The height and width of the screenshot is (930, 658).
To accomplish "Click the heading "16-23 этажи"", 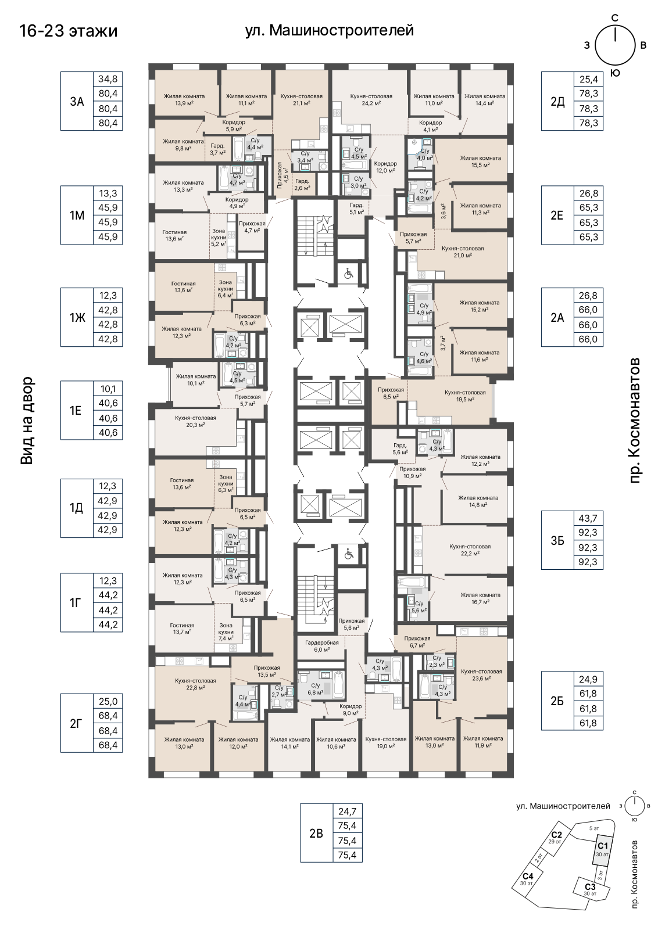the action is pyautogui.click(x=69, y=31).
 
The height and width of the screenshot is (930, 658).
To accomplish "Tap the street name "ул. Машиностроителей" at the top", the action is pyautogui.click(x=330, y=30).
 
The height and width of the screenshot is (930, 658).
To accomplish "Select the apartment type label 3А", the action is pyautogui.click(x=77, y=101).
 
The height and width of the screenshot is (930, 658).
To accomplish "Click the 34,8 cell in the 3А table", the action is pyautogui.click(x=108, y=79).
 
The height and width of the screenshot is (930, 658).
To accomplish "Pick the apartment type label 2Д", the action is pyautogui.click(x=557, y=101).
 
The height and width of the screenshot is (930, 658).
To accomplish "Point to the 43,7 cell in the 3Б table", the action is pyautogui.click(x=588, y=518).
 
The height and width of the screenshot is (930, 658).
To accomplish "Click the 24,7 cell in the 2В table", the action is pyautogui.click(x=347, y=811).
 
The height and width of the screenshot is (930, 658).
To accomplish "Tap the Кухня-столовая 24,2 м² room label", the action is pyautogui.click(x=371, y=100).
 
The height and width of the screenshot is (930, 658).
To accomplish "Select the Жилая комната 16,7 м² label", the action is pyautogui.click(x=480, y=598).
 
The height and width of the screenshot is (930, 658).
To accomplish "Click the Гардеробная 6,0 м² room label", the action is pyautogui.click(x=322, y=646).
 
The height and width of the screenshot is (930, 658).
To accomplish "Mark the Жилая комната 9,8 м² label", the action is pyautogui.click(x=183, y=145).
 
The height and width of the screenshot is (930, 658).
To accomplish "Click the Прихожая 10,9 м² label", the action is pyautogui.click(x=413, y=472).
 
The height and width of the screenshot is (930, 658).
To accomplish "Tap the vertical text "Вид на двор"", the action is pyautogui.click(x=27, y=420).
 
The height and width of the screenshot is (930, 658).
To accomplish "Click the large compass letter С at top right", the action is pyautogui.click(x=615, y=17).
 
